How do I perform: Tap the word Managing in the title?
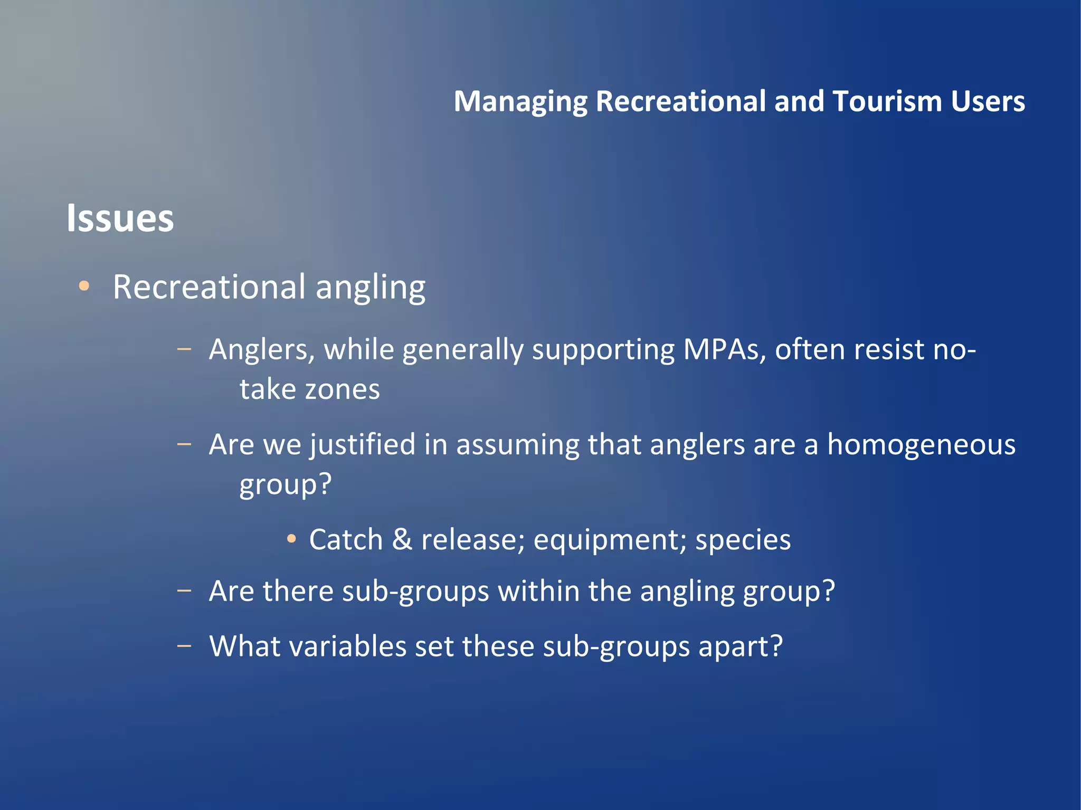point(520,102)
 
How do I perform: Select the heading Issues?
point(120,218)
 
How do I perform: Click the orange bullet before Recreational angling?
point(84,286)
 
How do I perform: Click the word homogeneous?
point(921,444)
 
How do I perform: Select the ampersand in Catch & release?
point(402,539)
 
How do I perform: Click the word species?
point(743,540)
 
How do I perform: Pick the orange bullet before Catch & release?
point(291,539)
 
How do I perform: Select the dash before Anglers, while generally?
point(184,349)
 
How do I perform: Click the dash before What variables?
point(184,645)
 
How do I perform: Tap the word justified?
point(363,445)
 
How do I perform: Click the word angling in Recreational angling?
point(371,288)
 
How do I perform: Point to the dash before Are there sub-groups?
point(184,590)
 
